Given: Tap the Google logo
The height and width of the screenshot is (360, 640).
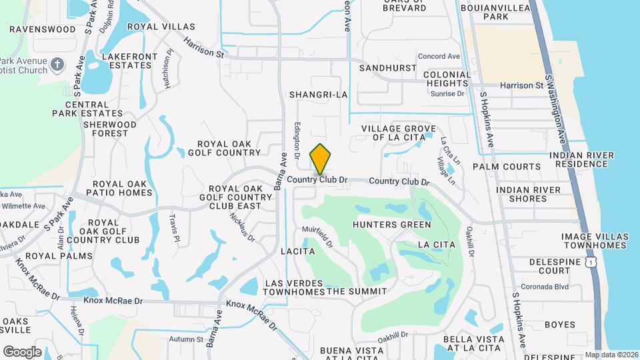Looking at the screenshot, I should click(22, 351).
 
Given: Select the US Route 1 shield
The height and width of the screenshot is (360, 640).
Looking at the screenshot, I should click(590, 263).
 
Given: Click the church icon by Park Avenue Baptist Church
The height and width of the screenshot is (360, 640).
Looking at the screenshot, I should click(58, 65).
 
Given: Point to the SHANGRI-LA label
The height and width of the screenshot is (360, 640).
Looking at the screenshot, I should click(319, 95).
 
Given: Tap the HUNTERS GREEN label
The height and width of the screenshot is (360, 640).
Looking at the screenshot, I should click(392, 225).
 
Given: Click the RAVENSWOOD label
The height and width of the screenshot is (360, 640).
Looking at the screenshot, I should click(43, 29).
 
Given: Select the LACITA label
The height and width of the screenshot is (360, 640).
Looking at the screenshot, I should click(298, 251).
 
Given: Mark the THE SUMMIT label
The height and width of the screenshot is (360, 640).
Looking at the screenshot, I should click(357, 291).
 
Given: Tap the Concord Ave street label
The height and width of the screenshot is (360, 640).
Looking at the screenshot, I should click(439, 57).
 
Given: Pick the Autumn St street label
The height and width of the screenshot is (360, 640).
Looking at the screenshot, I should click(186, 339).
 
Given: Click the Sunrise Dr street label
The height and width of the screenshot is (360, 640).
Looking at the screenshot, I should click(448, 94).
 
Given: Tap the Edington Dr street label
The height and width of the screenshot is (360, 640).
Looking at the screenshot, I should click(297, 136).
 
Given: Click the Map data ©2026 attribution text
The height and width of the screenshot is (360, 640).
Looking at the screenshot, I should click(611, 355).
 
